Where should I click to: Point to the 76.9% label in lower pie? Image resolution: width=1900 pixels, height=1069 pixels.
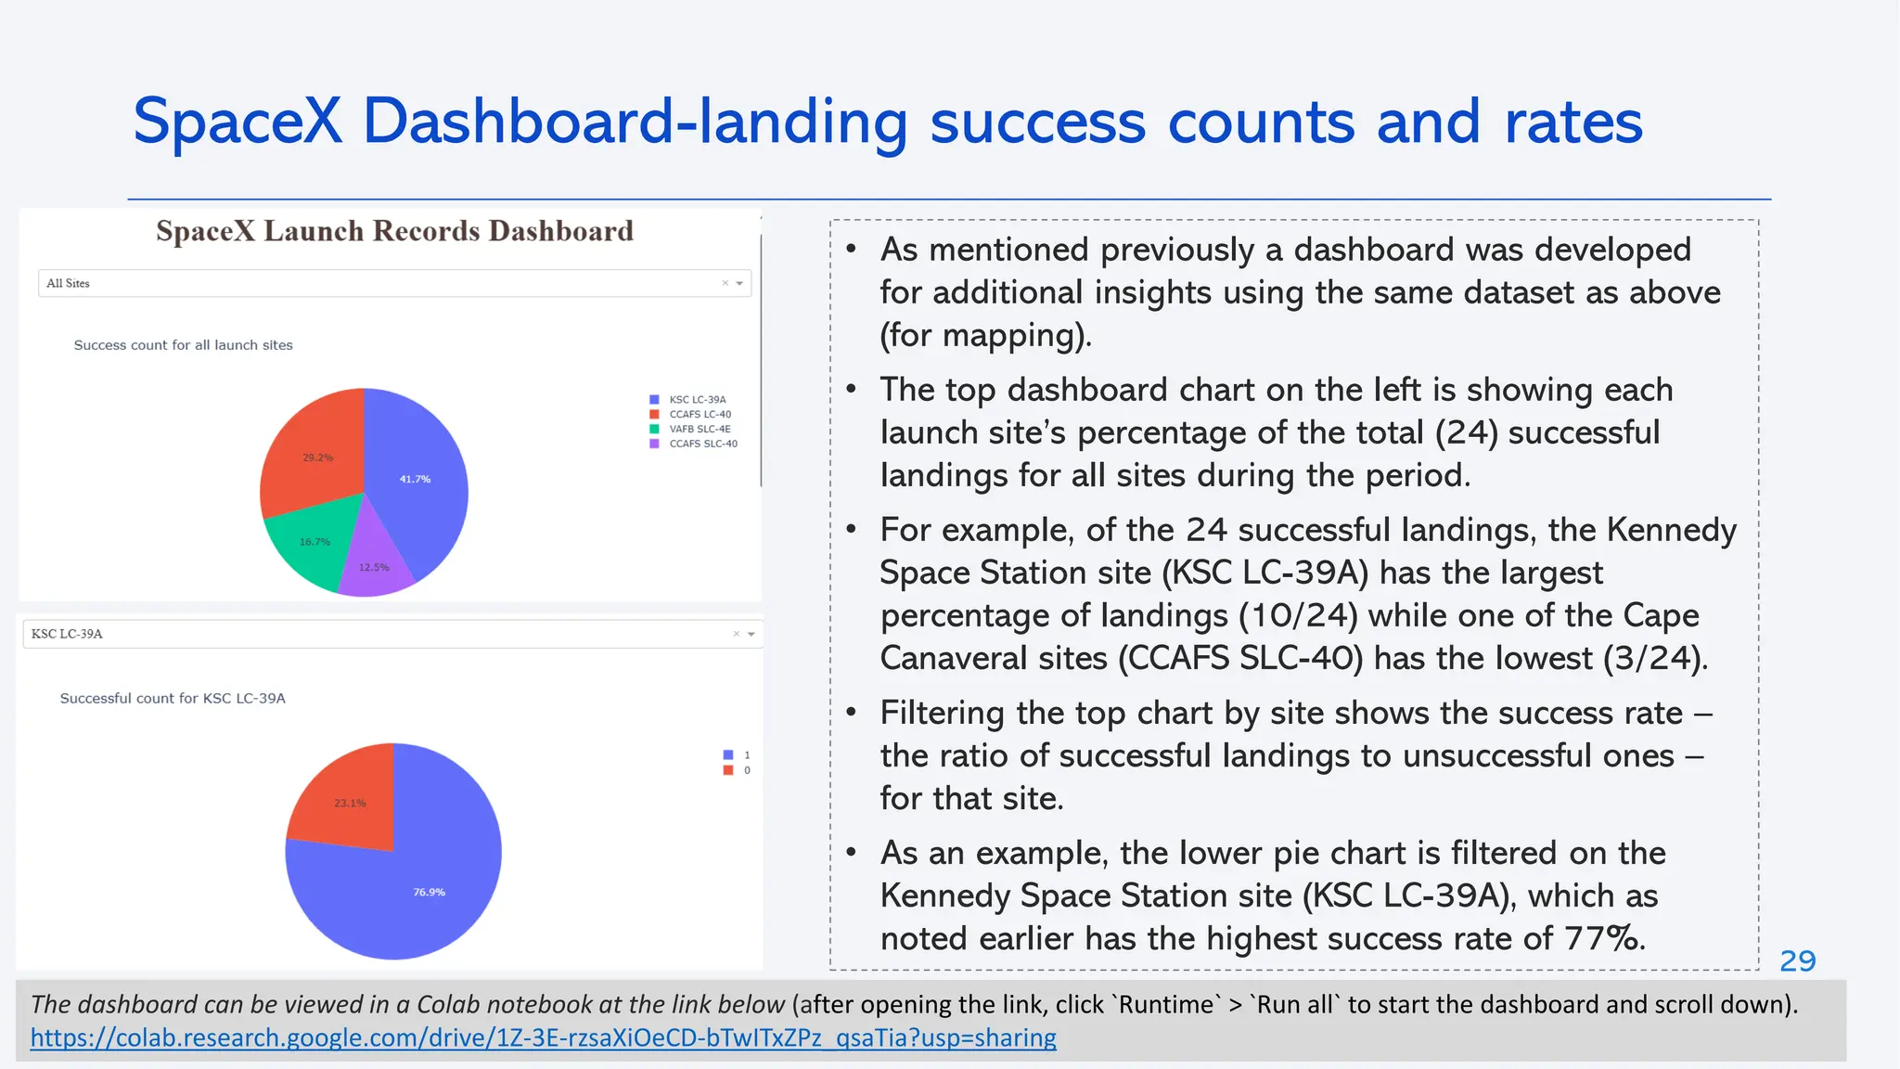pos(429,892)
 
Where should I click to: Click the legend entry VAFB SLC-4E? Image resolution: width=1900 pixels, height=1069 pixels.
pos(700,429)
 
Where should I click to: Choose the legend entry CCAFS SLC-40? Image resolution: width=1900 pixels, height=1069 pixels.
pos(702,444)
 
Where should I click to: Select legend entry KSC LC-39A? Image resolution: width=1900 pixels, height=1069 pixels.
pos(697,399)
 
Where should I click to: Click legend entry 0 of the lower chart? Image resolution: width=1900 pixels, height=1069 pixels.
pos(746,770)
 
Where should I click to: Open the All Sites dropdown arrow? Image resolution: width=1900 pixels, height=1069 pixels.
pos(739,283)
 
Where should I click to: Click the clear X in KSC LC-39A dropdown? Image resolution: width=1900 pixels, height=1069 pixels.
pos(737,634)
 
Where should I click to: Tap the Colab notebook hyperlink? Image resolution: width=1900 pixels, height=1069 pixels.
pos(543,1037)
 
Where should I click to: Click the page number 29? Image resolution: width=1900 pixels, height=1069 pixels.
pos(1797,960)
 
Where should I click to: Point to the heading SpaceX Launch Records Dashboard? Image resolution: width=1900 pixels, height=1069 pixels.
pos(394,231)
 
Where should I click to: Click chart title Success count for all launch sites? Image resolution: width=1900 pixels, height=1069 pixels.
pos(183,345)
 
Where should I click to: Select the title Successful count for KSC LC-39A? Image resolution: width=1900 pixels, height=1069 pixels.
pos(173,698)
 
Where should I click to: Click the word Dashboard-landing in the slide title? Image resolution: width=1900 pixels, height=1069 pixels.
pos(635,122)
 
